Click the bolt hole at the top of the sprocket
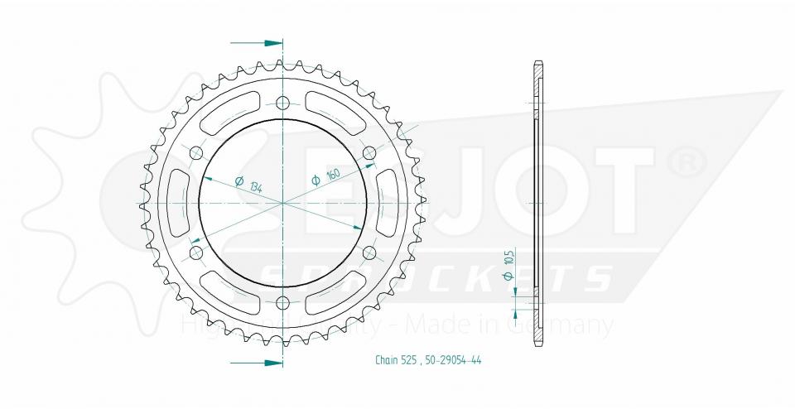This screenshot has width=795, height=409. coord(283,103)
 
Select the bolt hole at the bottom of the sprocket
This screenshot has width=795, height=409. coord(283,301)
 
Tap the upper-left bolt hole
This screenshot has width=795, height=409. coord(196,153)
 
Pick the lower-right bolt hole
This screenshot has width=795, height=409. coord(369,252)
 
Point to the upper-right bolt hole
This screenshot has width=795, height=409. coord(369,153)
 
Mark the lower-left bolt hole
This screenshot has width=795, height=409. coord(196,252)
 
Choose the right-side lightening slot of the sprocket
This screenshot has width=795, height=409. coord(388,203)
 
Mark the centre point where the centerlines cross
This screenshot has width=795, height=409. coord(283,203)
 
